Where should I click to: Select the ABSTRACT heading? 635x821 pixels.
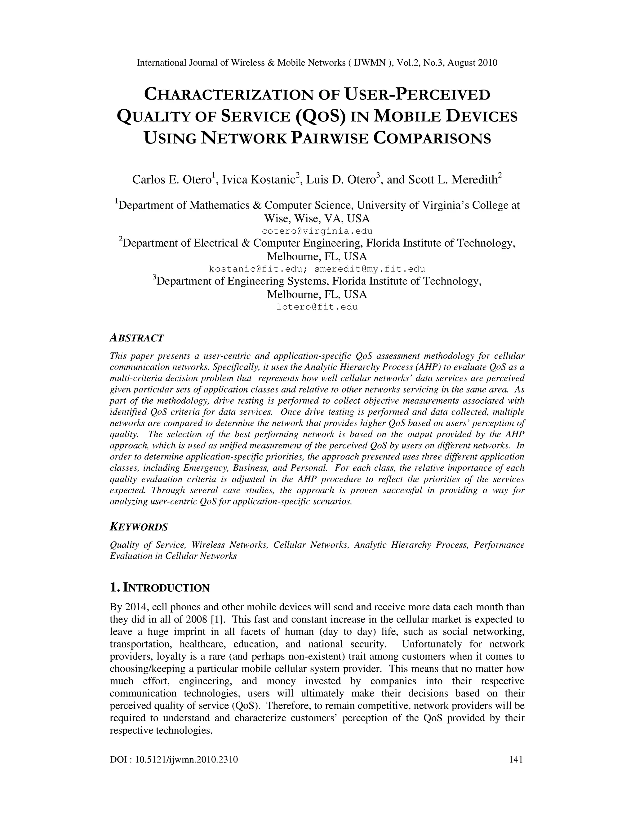[136, 338]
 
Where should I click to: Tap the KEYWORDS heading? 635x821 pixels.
[138, 527]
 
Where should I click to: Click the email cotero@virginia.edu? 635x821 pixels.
[317, 231]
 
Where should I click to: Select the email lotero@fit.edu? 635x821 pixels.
[317, 307]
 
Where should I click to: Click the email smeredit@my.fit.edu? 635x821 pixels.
[370, 269]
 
